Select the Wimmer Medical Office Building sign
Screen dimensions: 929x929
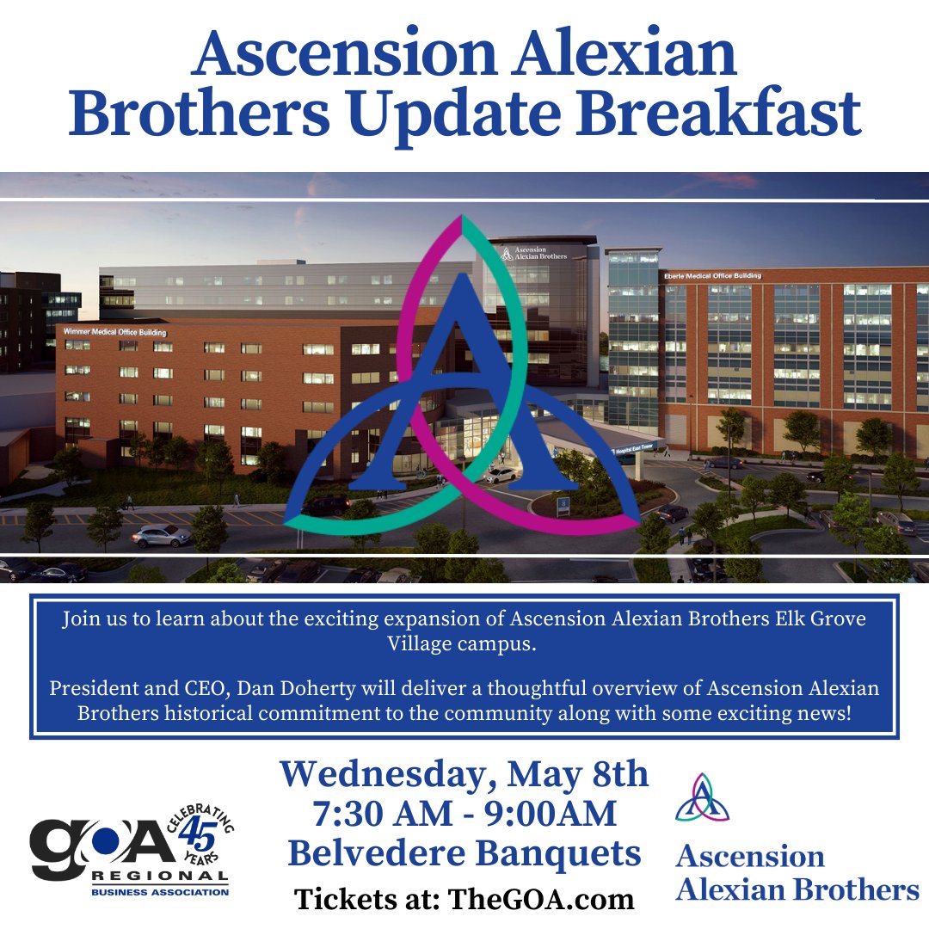(115, 331)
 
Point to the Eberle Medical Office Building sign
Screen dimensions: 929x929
(712, 275)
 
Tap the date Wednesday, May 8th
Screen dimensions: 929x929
(464, 774)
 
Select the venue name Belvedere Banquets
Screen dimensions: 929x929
(464, 853)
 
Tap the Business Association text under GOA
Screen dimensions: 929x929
(161, 892)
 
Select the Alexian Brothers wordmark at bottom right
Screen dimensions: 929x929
(797, 889)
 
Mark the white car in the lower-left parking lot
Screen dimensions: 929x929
(161, 535)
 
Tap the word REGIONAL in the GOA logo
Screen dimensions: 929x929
(161, 877)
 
